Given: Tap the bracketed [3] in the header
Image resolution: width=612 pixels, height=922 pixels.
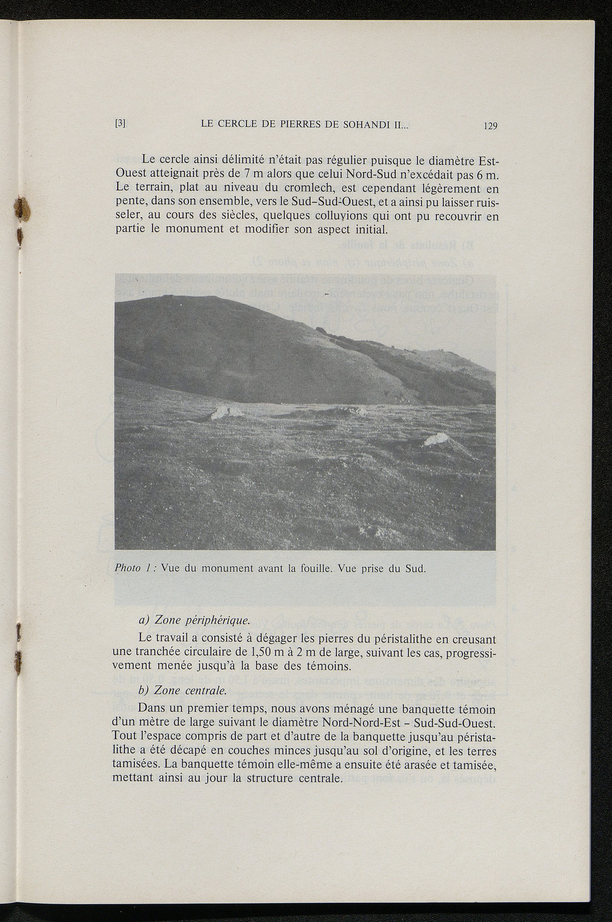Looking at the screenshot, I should pyautogui.click(x=120, y=124).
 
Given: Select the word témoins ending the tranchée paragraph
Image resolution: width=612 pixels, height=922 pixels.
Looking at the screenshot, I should pyautogui.click(x=338, y=666).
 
